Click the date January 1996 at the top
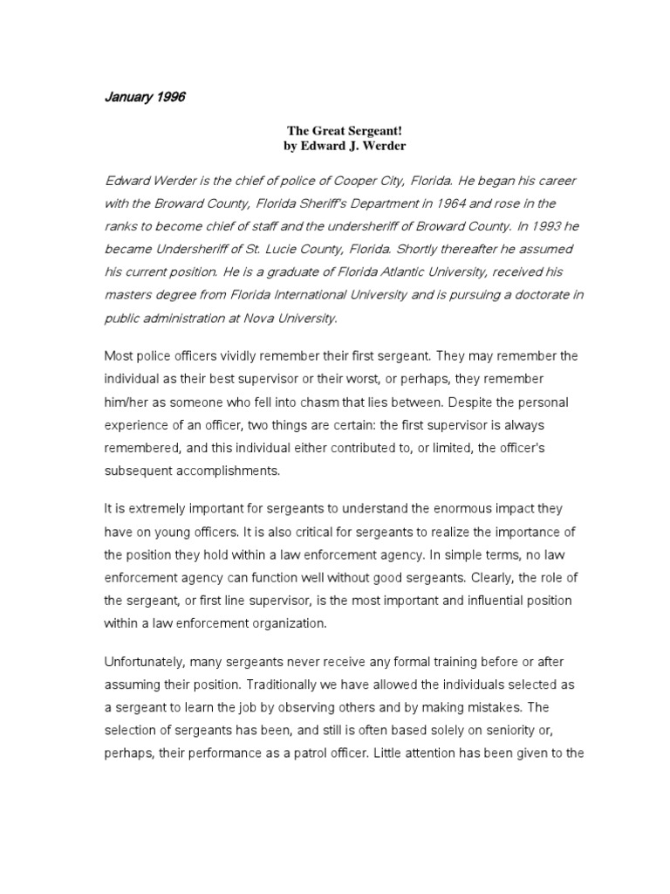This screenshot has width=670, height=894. pyautogui.click(x=144, y=97)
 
